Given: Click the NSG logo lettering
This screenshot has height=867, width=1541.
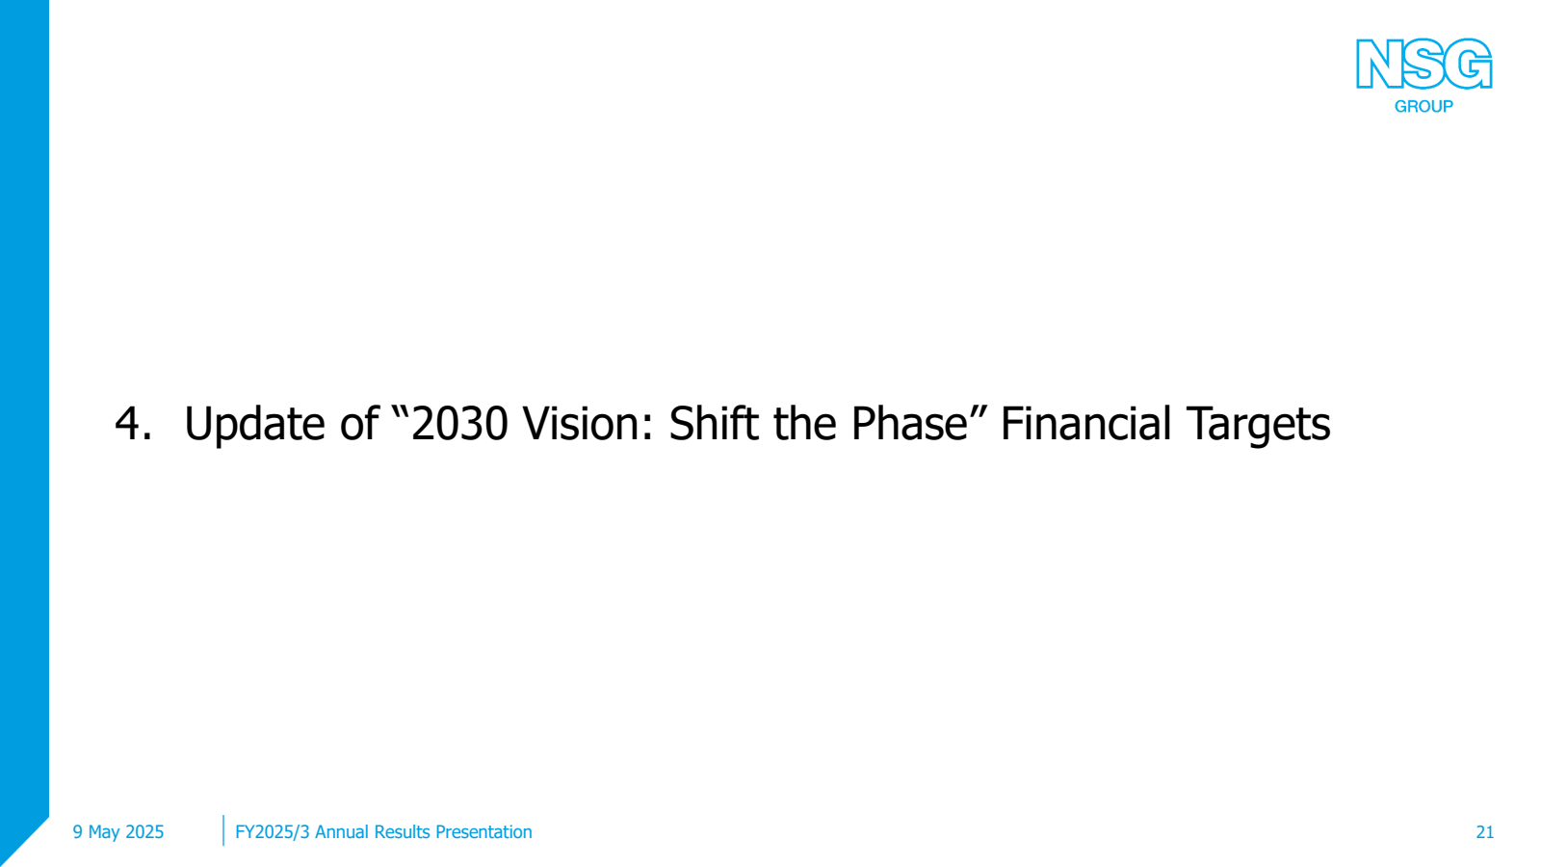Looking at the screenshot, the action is tap(1423, 64).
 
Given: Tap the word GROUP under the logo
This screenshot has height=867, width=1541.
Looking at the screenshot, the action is tap(1423, 107).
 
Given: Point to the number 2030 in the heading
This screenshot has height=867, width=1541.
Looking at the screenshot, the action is tap(459, 423).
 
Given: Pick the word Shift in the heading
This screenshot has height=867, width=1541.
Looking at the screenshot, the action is tap(715, 422).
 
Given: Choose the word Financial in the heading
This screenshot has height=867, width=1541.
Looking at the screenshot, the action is tap(1085, 422).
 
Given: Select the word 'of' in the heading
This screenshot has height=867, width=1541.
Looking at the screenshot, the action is tap(359, 422).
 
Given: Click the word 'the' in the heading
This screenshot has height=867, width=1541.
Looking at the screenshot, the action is tap(805, 422).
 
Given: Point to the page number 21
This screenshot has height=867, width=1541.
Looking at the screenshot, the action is tap(1484, 832).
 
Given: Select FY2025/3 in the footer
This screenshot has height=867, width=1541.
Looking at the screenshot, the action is tap(273, 832).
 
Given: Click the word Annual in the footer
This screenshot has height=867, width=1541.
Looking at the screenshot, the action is tap(339, 832).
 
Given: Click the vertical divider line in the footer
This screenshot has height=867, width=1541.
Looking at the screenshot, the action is tap(223, 830).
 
